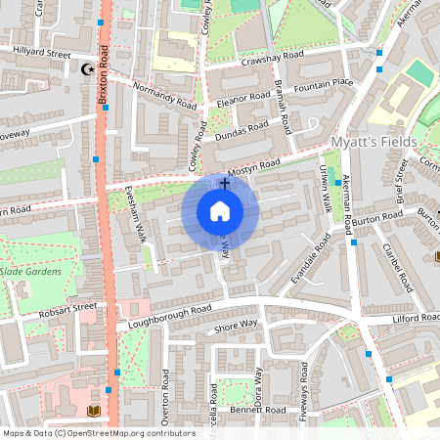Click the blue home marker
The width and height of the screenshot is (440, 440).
220,210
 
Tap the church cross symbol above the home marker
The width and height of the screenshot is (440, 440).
225,183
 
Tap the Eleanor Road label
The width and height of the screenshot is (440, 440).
244,99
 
